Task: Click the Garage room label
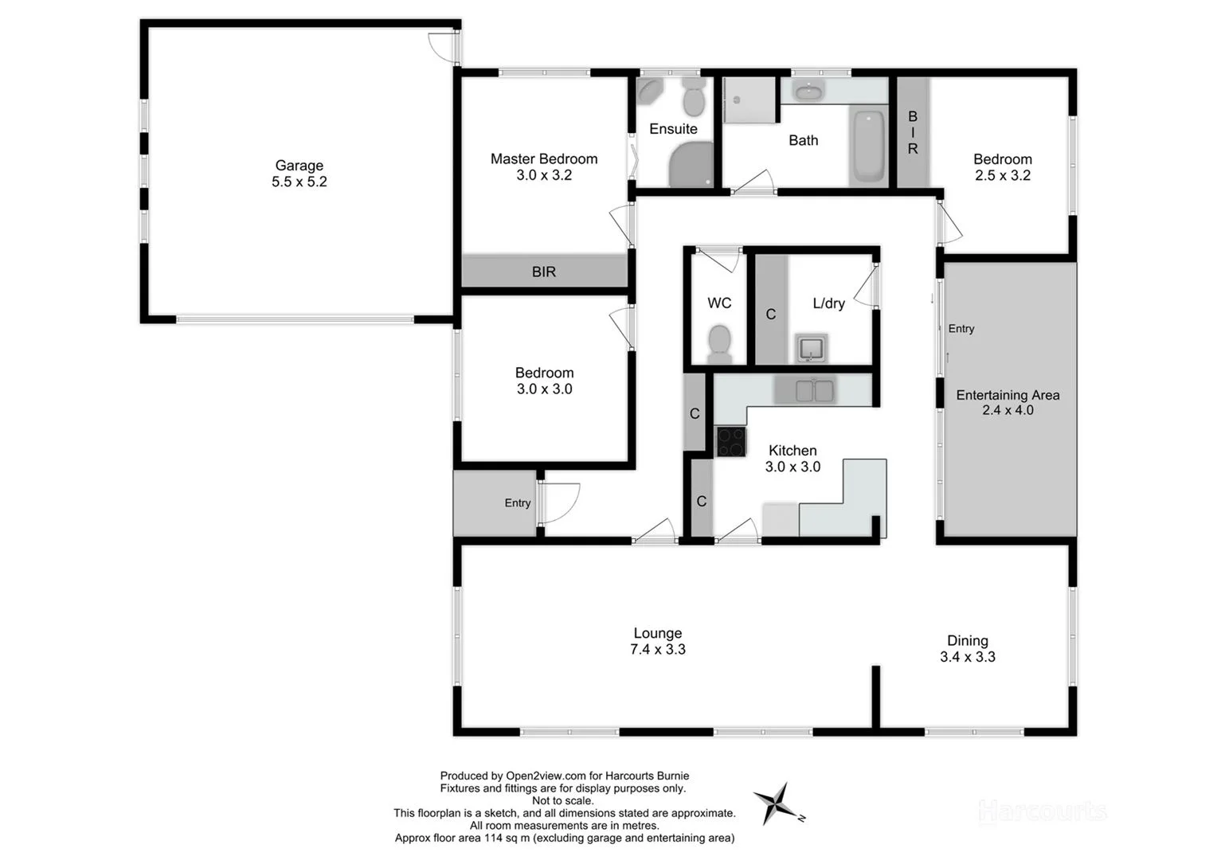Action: coord(299,166)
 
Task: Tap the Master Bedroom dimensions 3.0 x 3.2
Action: coord(544,175)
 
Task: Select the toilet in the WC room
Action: coord(719,342)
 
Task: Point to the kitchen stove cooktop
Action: coord(730,441)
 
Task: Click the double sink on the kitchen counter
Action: coord(813,390)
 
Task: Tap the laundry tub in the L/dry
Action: coord(812,348)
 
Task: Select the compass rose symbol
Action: coord(775,803)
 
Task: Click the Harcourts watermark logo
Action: coord(1042,811)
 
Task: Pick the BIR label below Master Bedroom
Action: coord(544,272)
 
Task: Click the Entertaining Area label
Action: coord(1008,395)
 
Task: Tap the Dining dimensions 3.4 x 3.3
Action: coord(968,657)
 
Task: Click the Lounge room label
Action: coord(658,633)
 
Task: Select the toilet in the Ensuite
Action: coord(694,99)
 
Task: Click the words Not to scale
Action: coord(563,801)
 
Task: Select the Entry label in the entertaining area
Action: coord(961,329)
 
